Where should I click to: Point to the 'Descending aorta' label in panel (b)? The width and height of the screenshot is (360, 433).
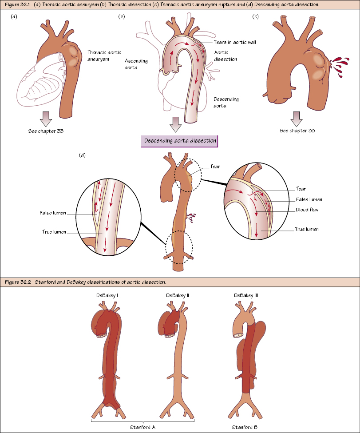coord(226,102)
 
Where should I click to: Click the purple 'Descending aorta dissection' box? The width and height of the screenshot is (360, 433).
coord(180,141)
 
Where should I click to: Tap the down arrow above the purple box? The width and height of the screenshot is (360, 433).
coord(176,125)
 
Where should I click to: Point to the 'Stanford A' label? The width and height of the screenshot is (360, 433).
coord(142,427)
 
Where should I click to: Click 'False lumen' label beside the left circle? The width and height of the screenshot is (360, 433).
coord(52,213)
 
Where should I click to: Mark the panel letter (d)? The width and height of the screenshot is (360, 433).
coord(82,155)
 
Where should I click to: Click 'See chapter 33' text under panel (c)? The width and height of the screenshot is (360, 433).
coord(297,131)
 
